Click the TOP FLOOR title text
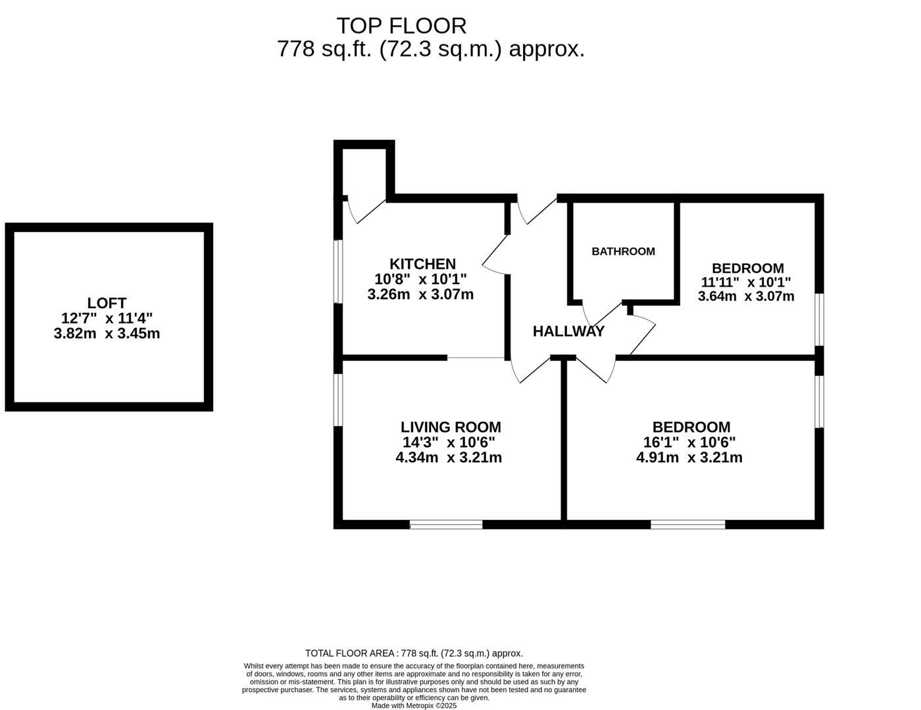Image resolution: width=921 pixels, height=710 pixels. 401,26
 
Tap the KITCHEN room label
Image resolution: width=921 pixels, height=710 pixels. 422,264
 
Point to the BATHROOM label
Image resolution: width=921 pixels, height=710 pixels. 623,251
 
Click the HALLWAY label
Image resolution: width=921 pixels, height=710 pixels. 568,331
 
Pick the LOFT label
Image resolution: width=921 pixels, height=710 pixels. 107,303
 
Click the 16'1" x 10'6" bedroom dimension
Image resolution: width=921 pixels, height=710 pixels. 689,442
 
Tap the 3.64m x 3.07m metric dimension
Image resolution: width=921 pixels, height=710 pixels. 746,296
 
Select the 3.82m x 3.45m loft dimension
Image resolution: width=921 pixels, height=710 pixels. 107,333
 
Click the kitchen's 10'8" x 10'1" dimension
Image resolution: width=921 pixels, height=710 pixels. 420,279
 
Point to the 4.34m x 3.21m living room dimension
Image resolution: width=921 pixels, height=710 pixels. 449,458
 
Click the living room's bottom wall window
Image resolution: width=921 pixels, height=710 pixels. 446,524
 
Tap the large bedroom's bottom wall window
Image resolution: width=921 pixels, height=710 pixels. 687,524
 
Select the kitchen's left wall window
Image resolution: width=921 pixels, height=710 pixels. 337,272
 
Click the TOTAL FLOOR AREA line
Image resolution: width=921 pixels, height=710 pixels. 414,653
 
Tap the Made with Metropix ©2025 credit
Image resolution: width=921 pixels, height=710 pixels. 414,705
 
